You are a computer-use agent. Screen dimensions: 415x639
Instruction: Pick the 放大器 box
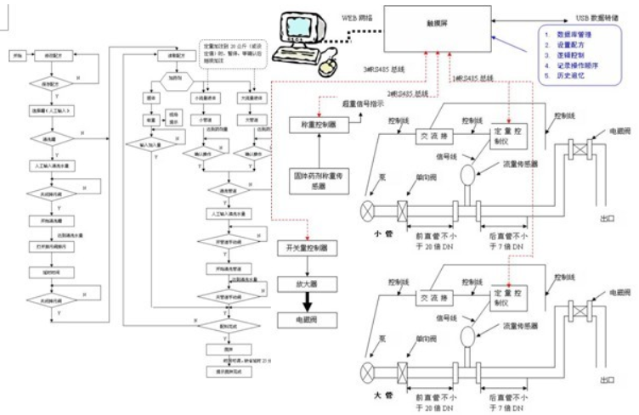point(308,283)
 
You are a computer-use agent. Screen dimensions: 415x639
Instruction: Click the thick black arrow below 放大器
point(308,301)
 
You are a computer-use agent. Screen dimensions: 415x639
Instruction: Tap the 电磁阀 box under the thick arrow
point(308,321)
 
